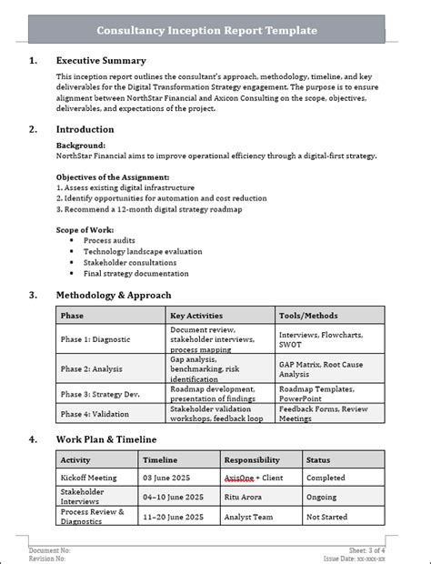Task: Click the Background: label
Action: [x=80, y=145]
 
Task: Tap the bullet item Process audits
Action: [x=110, y=240]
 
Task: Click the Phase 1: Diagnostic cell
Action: [x=95, y=339]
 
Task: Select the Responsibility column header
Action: [x=252, y=460]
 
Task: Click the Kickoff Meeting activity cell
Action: [x=89, y=478]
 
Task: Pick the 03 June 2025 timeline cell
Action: [x=168, y=478]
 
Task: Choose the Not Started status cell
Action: [x=326, y=516]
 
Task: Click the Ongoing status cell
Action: [x=321, y=497]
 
